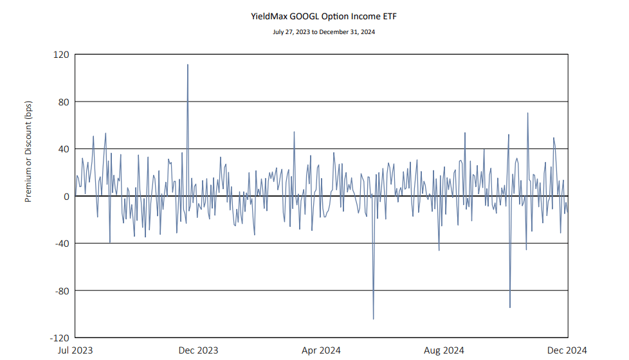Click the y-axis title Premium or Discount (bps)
pos(28,152)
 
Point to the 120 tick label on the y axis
pos(61,55)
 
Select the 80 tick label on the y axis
pos(64,102)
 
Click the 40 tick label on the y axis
pos(64,149)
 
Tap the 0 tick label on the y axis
pos(66,196)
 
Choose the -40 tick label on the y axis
pos(62,244)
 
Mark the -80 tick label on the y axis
pos(62,291)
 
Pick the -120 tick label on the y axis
pos(60,338)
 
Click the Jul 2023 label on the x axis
pos(75,350)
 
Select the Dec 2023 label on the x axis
pos(199,350)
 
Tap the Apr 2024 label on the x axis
pos(322,350)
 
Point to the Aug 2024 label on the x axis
pos(444,350)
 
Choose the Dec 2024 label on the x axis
pos(567,350)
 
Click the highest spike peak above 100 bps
pos(188,64)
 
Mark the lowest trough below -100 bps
pos(374,319)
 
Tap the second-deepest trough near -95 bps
pos(510,307)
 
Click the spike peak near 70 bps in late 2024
pos(528,113)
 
